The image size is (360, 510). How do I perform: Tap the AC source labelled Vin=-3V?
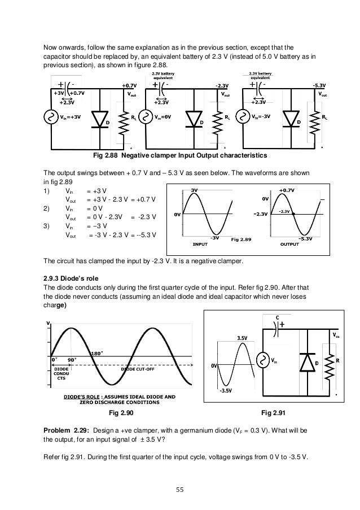click(x=244, y=118)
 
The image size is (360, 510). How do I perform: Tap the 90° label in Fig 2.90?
click(x=72, y=359)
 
